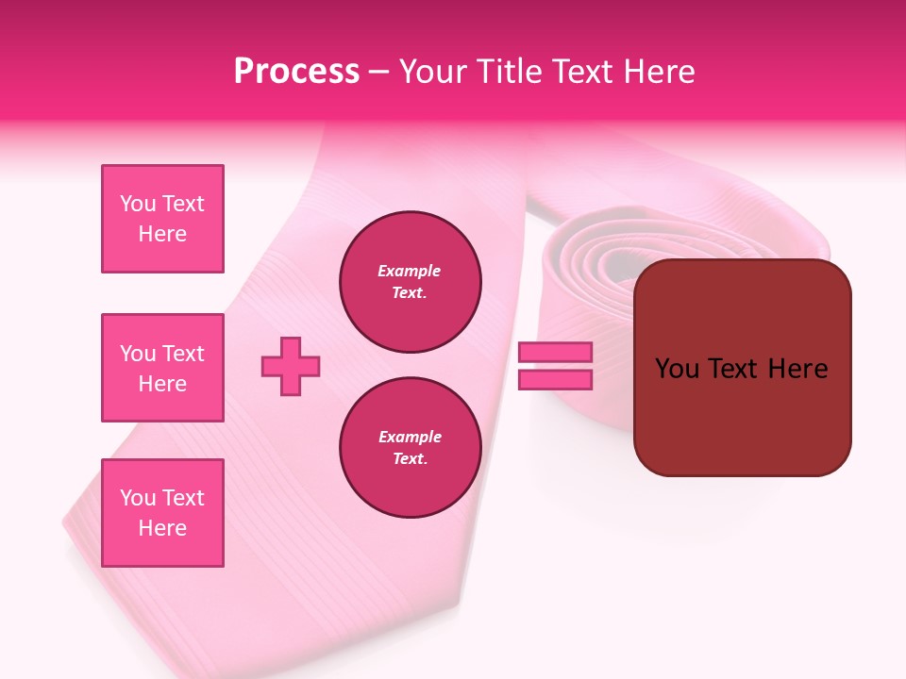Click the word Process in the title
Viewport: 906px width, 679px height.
tap(296, 72)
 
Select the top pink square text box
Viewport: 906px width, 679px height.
tap(162, 219)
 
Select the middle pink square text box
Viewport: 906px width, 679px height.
tap(162, 368)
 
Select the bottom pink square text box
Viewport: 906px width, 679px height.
tap(162, 513)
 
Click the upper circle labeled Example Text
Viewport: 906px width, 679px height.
tap(411, 282)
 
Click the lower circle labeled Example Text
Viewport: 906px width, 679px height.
tap(411, 448)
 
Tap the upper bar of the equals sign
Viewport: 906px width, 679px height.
tap(555, 353)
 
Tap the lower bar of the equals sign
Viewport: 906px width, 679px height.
tap(555, 380)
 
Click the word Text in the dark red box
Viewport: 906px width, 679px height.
tap(734, 369)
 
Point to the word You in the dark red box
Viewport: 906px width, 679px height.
tap(676, 369)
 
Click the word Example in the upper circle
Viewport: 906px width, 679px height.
tap(410, 271)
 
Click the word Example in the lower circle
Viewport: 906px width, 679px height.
tap(410, 437)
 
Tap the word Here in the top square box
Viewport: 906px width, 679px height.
tap(162, 234)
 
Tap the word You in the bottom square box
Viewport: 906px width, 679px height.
tap(138, 498)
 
